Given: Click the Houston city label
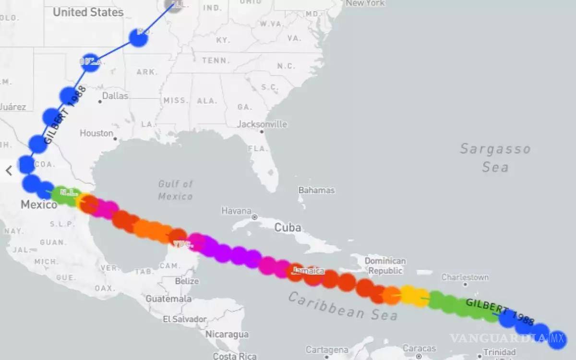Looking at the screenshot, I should pyautogui.click(x=96, y=133).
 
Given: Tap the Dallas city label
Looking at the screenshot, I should pyautogui.click(x=115, y=96).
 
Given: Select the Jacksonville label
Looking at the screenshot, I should pyautogui.click(x=262, y=124).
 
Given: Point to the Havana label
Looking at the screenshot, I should pyautogui.click(x=237, y=211).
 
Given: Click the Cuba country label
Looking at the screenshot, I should pyautogui.click(x=288, y=228).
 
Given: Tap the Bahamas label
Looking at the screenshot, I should pyautogui.click(x=316, y=190).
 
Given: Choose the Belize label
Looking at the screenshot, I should pyautogui.click(x=187, y=281).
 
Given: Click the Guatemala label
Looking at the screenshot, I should pyautogui.click(x=169, y=299).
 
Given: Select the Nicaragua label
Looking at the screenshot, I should pyautogui.click(x=227, y=335).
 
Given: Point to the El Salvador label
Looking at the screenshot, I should pyautogui.click(x=185, y=319).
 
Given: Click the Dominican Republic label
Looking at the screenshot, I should pyautogui.click(x=385, y=266).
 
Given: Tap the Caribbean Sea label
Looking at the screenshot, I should pyautogui.click(x=343, y=306).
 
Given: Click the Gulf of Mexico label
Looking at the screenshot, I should pyautogui.click(x=176, y=190).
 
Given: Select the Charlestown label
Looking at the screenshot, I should pyautogui.click(x=465, y=277).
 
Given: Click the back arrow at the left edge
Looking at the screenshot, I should pyautogui.click(x=9, y=170).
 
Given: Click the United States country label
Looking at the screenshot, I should pyautogui.click(x=88, y=12).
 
